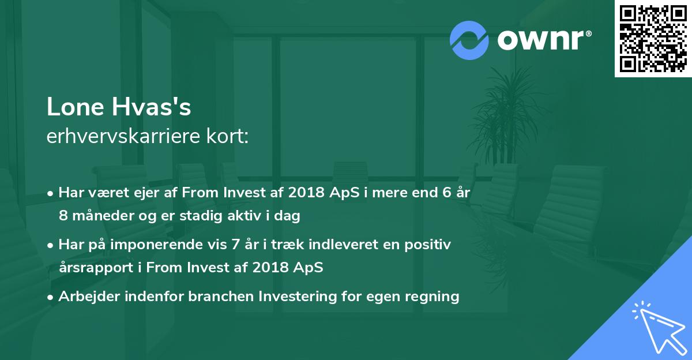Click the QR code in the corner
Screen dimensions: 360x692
[x=653, y=39]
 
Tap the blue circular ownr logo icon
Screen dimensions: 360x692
[x=469, y=40]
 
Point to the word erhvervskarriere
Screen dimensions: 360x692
[x=123, y=137]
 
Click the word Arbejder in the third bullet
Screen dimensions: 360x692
[x=84, y=297]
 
